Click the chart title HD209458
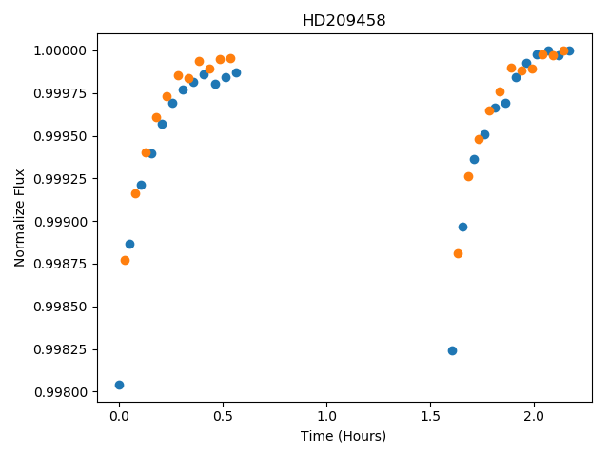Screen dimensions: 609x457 click(x=344, y=20)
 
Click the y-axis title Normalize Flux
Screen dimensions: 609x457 click(x=19, y=218)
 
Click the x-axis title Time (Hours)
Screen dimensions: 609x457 click(x=344, y=436)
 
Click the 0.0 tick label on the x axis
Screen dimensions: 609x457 click(x=119, y=416)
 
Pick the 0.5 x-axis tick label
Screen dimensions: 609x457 click(x=223, y=416)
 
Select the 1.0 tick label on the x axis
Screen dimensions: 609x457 click(x=326, y=416)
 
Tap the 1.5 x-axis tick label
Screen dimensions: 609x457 click(x=430, y=416)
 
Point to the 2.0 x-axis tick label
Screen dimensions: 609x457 click(x=534, y=416)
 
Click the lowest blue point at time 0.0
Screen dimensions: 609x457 click(x=119, y=385)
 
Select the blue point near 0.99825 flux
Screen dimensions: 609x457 click(x=452, y=351)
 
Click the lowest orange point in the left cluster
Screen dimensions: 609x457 click(x=125, y=260)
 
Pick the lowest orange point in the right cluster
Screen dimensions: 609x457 click(x=458, y=254)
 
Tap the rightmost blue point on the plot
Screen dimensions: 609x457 click(x=569, y=50)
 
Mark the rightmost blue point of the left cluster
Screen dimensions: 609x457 click(x=236, y=72)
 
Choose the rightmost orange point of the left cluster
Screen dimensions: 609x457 click(x=230, y=59)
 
